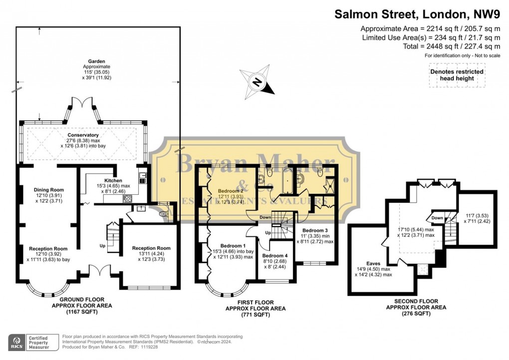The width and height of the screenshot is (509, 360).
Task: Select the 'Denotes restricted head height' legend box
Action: (x=457, y=75)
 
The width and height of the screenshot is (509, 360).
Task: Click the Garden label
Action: (x=97, y=61)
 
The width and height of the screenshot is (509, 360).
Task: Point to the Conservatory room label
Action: (x=83, y=135)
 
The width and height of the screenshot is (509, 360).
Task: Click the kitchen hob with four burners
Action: (x=127, y=198)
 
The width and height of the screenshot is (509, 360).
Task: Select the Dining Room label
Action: (x=49, y=190)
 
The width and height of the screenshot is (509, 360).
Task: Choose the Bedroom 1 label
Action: (x=233, y=246)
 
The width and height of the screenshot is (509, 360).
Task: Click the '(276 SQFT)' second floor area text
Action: (x=416, y=314)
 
